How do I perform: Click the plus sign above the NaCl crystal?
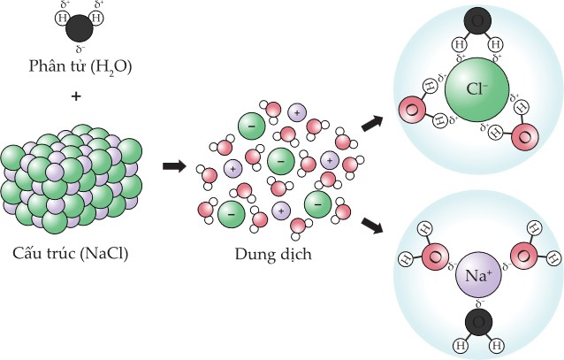(x=77, y=95)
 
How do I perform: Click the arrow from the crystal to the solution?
(x=174, y=165)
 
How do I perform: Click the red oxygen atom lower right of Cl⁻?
(x=523, y=139)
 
